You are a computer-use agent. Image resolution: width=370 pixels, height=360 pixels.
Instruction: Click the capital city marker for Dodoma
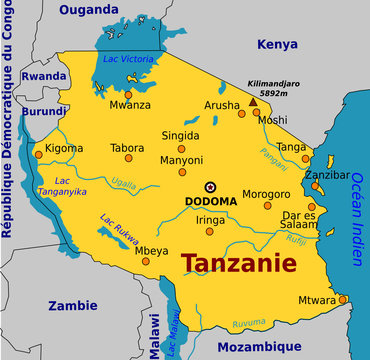210,187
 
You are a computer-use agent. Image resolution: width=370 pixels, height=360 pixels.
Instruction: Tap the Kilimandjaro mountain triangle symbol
252,100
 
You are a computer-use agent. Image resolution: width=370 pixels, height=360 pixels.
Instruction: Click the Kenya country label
277,44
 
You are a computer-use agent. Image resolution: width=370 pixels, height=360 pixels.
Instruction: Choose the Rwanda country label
43,76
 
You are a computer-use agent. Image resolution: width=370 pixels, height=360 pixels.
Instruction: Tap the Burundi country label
44,111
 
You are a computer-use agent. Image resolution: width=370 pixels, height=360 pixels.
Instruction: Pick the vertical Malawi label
154,335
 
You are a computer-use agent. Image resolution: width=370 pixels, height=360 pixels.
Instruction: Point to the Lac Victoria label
128,59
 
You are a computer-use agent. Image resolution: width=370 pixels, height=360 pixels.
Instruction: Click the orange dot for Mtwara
342,299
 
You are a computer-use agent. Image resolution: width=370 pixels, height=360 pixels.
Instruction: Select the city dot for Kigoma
39,155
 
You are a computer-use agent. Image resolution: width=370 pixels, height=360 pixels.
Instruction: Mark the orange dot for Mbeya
145,260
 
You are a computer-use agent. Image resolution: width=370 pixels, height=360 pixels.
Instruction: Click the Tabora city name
127,148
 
